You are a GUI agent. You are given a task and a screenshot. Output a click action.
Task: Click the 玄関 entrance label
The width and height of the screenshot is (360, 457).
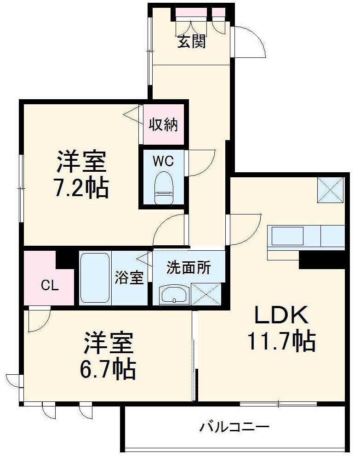pos(192,42)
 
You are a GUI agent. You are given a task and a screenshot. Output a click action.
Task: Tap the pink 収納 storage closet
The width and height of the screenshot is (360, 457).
pos(163,124)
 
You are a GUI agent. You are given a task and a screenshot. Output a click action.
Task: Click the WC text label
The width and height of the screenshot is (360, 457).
pos(163,161)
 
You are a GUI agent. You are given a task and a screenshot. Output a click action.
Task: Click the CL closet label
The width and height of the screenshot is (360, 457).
pos(50,286)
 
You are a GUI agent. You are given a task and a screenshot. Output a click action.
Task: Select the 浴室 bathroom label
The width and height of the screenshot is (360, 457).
pos(129,278)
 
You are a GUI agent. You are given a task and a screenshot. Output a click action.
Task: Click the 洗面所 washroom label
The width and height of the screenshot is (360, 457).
pos(189,267)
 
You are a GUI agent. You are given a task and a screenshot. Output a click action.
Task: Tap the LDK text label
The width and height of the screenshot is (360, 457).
pos(281,316)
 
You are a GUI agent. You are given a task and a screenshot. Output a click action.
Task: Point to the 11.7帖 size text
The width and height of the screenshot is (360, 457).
pos(281,341)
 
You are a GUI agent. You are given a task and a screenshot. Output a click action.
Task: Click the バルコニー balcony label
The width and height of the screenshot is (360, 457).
pos(234,428)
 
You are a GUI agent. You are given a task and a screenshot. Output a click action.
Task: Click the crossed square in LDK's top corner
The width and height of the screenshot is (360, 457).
pos(331,189)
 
